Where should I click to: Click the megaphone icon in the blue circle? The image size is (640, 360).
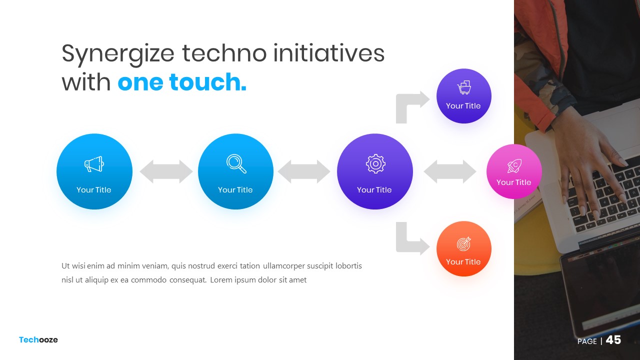(94, 164)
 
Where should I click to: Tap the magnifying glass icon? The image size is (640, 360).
(236, 163)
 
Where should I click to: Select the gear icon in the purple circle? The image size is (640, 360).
(375, 163)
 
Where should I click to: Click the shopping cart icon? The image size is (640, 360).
(464, 87)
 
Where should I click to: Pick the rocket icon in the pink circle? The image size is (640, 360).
(514, 166)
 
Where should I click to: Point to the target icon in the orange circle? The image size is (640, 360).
(463, 243)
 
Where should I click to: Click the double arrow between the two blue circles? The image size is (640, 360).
(166, 171)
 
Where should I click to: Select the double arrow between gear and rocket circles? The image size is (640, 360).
(449, 171)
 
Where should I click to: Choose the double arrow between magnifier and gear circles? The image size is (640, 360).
(304, 171)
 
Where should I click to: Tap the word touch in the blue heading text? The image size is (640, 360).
(207, 82)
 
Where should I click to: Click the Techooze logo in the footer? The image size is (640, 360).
(38, 339)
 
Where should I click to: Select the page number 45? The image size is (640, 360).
(613, 340)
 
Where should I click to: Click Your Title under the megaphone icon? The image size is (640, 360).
(93, 189)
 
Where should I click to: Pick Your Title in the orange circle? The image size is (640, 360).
(463, 261)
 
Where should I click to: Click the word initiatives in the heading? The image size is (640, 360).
(329, 53)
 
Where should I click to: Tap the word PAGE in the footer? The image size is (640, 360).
(587, 341)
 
